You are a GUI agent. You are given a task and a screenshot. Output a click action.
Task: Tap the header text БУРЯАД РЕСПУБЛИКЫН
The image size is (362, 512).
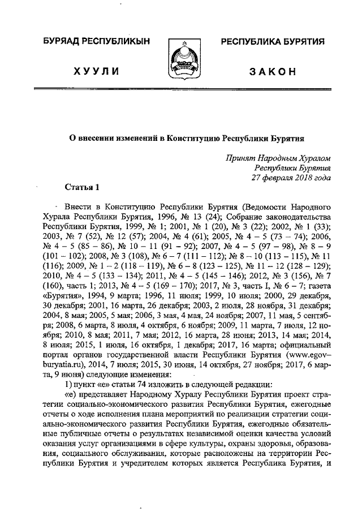click(98, 42)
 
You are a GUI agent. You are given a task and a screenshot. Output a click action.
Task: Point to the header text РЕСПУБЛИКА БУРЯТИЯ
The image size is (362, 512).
click(272, 42)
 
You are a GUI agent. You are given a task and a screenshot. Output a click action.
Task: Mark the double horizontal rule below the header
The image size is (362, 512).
click(181, 89)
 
